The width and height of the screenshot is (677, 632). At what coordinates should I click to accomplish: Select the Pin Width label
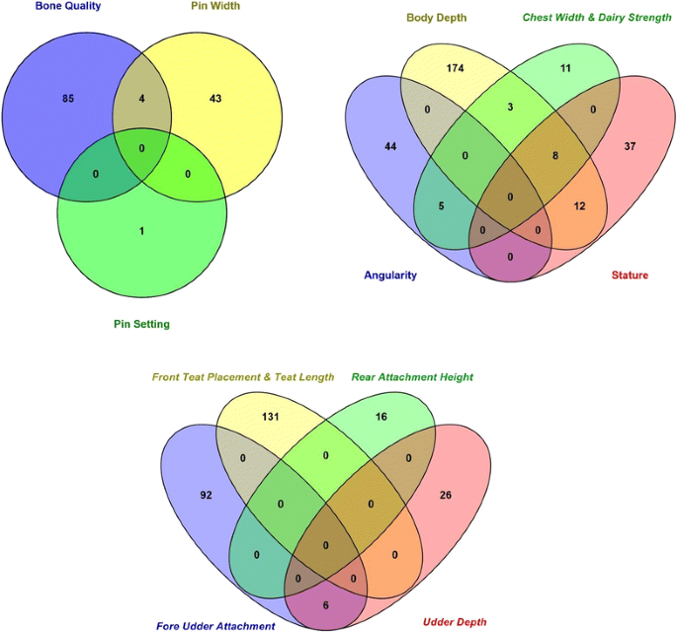click(215, 6)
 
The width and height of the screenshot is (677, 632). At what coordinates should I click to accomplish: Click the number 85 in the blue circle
click(68, 98)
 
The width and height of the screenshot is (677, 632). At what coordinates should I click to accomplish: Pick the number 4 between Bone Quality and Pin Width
click(144, 98)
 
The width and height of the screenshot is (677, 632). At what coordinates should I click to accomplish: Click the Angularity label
click(389, 276)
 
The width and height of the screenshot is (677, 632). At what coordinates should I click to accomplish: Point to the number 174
click(456, 69)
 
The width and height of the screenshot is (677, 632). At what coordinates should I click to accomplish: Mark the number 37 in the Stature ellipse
click(630, 146)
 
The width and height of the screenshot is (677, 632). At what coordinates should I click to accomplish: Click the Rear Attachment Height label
click(412, 376)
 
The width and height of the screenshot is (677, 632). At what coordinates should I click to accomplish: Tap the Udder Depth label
click(454, 621)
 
